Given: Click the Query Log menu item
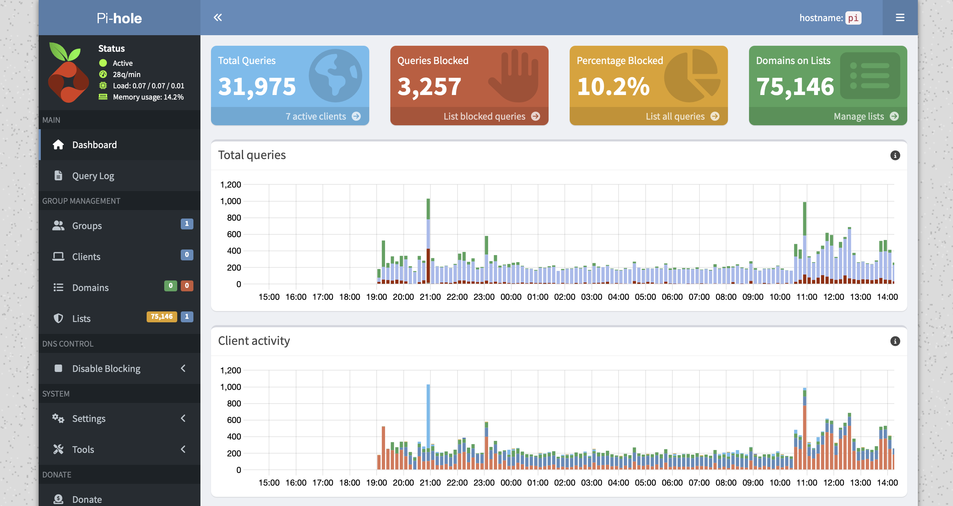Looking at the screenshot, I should tap(93, 176).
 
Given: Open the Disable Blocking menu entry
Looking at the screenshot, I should tap(106, 368).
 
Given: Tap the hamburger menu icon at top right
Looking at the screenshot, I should tap(900, 18).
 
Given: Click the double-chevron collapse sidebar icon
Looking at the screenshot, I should tap(218, 17).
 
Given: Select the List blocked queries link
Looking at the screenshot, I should tap(484, 116).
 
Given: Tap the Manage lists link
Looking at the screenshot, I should tap(859, 116).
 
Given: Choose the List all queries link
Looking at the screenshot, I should tap(675, 116).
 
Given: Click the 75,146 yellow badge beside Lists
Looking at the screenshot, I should tap(162, 316).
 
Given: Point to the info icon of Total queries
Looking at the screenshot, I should tap(895, 156).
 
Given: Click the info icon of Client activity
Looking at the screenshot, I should tap(895, 341).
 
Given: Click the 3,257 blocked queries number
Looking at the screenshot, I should tap(429, 87).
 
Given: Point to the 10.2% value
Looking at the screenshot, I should tap(613, 87).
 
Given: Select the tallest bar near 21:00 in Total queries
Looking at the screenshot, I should tap(428, 241).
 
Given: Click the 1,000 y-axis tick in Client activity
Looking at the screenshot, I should tap(230, 387).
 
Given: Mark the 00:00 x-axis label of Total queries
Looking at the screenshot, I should tap(511, 297).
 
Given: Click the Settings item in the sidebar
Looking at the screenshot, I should tap(89, 418).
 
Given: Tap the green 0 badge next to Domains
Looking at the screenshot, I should tap(171, 285).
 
